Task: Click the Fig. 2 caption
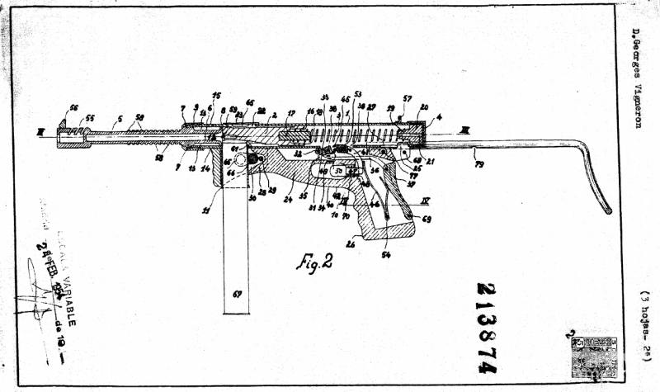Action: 313,263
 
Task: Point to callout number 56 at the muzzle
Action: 73,107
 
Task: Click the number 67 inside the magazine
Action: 238,294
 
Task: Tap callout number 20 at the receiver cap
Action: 424,108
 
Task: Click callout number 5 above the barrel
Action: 120,118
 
